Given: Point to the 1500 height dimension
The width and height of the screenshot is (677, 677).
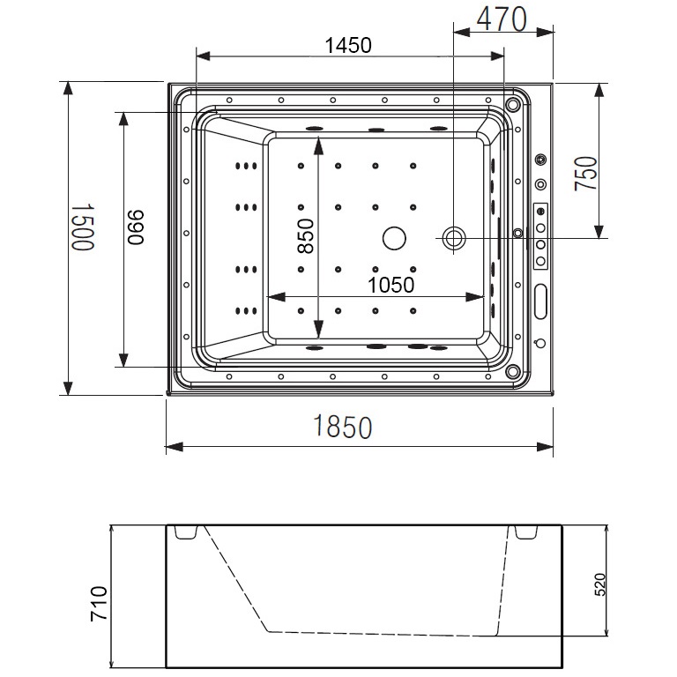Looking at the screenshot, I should click(x=82, y=227).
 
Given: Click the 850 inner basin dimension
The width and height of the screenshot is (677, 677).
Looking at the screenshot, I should click(x=303, y=233).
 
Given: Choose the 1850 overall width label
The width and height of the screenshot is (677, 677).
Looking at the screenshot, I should click(x=343, y=428).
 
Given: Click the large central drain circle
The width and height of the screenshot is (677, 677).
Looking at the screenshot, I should click(x=393, y=237).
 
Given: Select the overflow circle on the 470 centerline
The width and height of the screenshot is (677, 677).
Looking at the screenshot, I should click(x=453, y=237).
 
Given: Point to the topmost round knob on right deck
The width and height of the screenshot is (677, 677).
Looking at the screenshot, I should click(x=540, y=160).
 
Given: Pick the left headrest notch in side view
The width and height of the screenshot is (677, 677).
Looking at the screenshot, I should click(x=184, y=532).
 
